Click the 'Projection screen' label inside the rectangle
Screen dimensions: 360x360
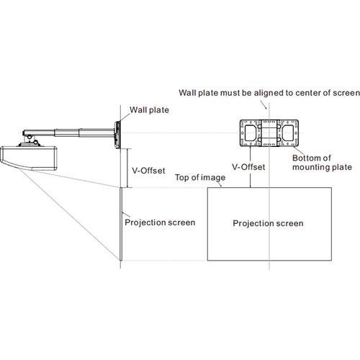[x=268, y=223]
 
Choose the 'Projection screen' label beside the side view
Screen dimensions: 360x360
[x=160, y=222]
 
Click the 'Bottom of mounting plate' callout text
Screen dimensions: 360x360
[x=322, y=163]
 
